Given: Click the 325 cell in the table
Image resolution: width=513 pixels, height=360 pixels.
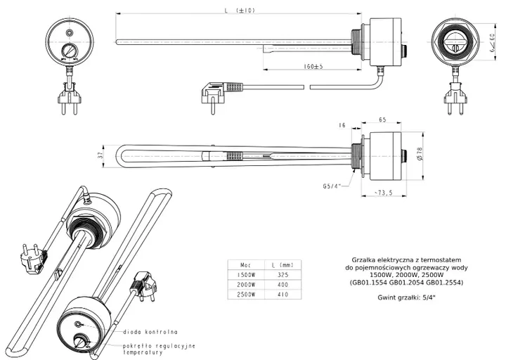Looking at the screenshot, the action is pyautogui.click(x=283, y=275).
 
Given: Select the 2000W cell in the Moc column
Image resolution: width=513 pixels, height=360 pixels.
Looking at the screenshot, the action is pyautogui.click(x=246, y=285).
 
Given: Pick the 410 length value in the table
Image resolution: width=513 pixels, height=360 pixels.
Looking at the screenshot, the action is pyautogui.click(x=283, y=295).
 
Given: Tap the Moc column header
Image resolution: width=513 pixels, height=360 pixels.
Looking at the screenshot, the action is pyautogui.click(x=246, y=265).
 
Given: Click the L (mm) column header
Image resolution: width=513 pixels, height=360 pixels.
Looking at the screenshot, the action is pyautogui.click(x=283, y=265).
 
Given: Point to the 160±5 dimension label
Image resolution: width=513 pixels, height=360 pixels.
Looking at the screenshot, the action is pyautogui.click(x=313, y=66).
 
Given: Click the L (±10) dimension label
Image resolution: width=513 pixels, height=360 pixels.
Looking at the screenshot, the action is pyautogui.click(x=240, y=11).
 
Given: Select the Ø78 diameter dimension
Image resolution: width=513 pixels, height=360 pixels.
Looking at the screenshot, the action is pyautogui.click(x=420, y=153).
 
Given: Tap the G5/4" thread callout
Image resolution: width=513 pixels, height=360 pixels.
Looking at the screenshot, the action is pyautogui.click(x=332, y=186).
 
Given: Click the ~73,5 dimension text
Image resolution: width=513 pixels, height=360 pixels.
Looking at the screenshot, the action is pyautogui.click(x=383, y=193).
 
